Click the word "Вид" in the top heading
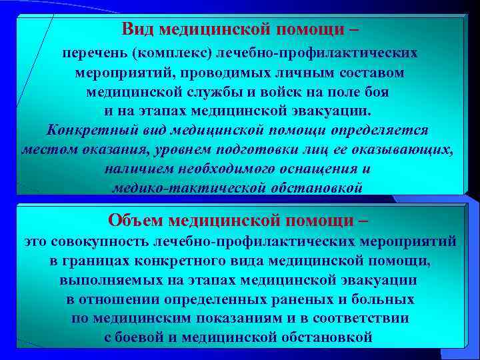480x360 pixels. (137, 29)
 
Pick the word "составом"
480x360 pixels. (371, 71)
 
